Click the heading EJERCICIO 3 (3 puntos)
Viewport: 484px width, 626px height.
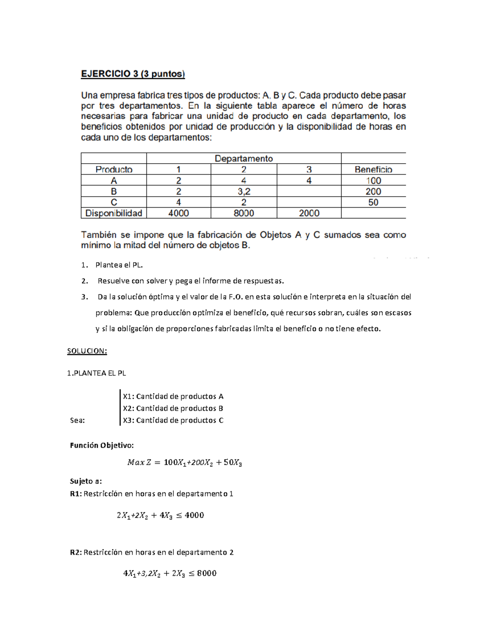(x=133, y=74)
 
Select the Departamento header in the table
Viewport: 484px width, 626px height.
(x=244, y=158)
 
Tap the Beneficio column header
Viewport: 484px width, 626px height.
(x=373, y=170)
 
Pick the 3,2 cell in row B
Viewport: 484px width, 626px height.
(x=244, y=191)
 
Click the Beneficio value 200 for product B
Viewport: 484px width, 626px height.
(x=373, y=191)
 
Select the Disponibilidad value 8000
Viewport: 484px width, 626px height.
(x=244, y=213)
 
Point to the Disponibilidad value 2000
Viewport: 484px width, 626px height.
(x=309, y=213)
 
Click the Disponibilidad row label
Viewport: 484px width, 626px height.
(x=114, y=213)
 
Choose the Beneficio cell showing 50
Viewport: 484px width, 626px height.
(x=373, y=202)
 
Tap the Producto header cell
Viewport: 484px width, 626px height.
(x=114, y=170)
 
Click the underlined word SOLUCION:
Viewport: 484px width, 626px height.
(x=87, y=351)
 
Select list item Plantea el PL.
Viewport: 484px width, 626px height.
(x=119, y=265)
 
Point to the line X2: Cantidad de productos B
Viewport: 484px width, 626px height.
(x=173, y=408)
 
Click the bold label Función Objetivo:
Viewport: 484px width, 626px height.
(x=102, y=445)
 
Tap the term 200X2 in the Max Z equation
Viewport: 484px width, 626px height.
(x=202, y=463)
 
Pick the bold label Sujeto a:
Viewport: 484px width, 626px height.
(x=86, y=481)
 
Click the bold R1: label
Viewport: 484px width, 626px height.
(x=76, y=494)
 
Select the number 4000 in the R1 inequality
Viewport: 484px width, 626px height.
(x=194, y=515)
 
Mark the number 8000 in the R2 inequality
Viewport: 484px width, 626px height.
(x=207, y=573)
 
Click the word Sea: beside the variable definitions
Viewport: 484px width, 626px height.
(x=77, y=420)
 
